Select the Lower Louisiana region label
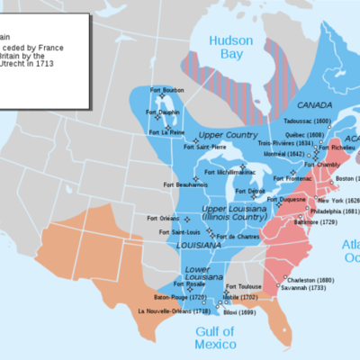tap(199, 272)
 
